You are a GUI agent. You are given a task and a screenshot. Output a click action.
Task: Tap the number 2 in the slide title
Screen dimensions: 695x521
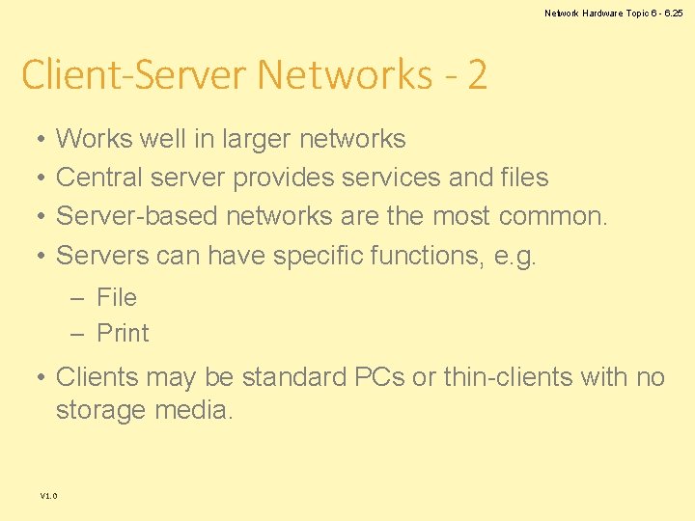(x=476, y=74)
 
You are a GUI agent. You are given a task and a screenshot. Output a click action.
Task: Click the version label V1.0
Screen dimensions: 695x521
(x=48, y=496)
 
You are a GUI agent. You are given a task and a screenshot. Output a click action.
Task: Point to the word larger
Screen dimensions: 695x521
(x=257, y=140)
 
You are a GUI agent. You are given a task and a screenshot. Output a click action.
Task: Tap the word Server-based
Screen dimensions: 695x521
(x=137, y=216)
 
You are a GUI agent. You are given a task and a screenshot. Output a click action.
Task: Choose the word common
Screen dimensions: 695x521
(x=553, y=216)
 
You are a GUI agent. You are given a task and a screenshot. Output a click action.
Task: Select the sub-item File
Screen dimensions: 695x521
(x=117, y=297)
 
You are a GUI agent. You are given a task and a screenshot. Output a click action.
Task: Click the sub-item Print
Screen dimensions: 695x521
(x=123, y=334)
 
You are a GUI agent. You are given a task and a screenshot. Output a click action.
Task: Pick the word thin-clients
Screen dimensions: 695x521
(x=508, y=377)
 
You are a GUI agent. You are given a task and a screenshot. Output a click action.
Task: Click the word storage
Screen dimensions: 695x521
(x=101, y=411)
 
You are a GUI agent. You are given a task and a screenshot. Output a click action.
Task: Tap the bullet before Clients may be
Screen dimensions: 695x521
(x=36, y=377)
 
